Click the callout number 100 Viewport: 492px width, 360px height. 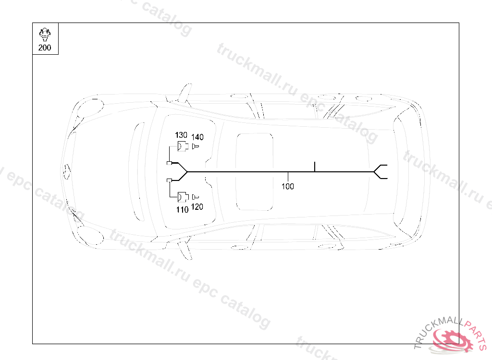pyautogui.click(x=287, y=186)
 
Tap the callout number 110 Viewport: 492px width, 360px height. pyautogui.click(x=182, y=209)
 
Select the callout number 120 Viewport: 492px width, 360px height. pyautogui.click(x=197, y=207)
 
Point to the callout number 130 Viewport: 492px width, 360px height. pyautogui.click(x=181, y=135)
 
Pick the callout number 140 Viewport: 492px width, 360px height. pyautogui.click(x=197, y=137)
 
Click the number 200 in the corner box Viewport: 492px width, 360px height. pyautogui.click(x=45, y=48)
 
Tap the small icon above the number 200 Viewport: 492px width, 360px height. pyautogui.click(x=45, y=35)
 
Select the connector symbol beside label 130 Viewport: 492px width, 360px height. pyautogui.click(x=183, y=146)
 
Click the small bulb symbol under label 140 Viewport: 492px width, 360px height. pyautogui.click(x=195, y=146)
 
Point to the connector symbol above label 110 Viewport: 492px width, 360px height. pyautogui.click(x=183, y=197)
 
